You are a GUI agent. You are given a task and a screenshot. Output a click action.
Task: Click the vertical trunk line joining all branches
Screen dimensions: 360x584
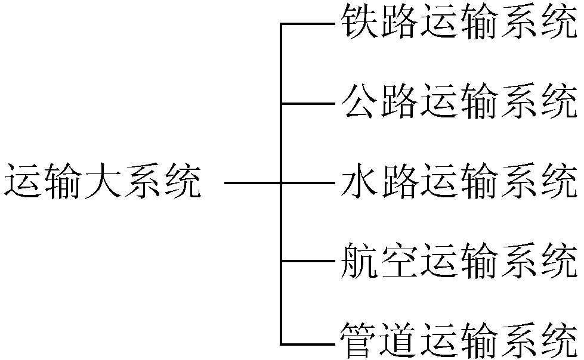click(x=281, y=143)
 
